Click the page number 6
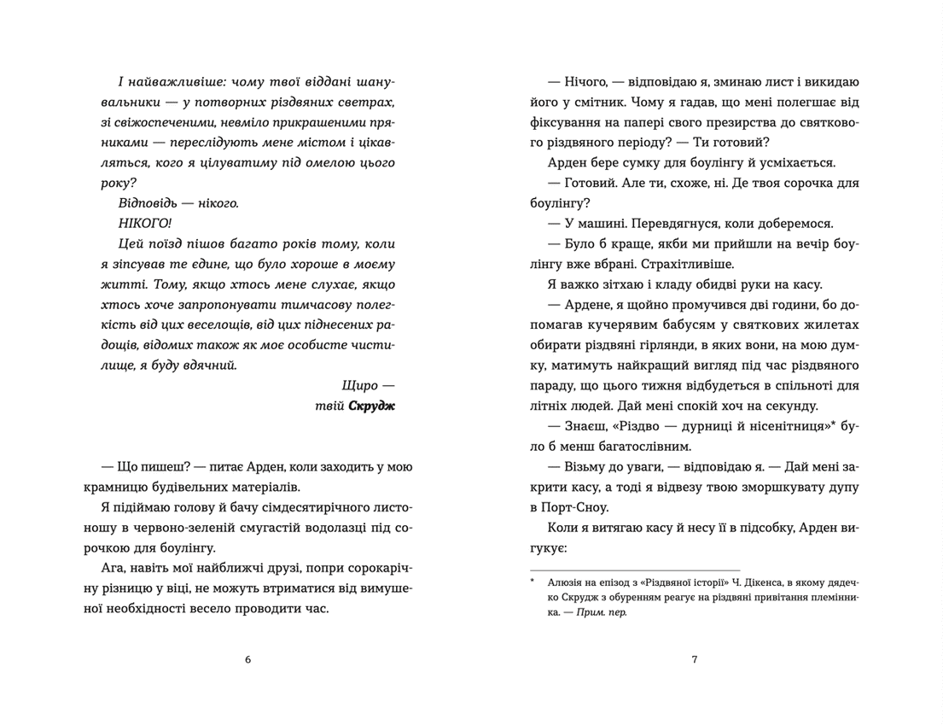click(247, 659)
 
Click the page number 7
click(695, 659)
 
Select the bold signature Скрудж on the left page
click(372, 406)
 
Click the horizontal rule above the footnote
click(635, 570)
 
